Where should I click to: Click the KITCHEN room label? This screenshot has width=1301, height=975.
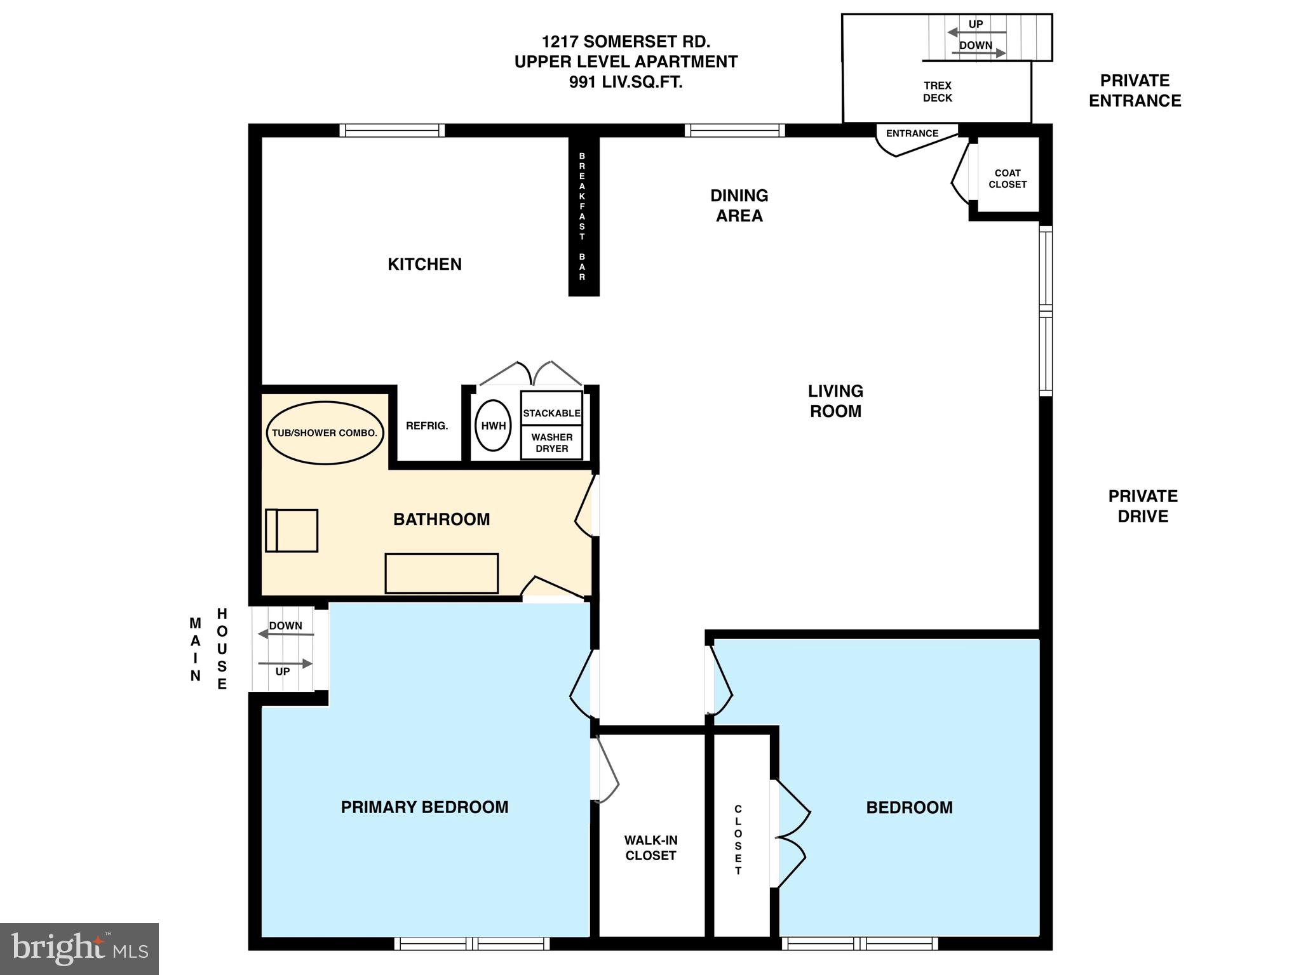pyautogui.click(x=424, y=264)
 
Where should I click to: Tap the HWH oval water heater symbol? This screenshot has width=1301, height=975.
pyautogui.click(x=493, y=426)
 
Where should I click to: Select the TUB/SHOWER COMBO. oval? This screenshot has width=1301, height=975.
pyautogui.click(x=325, y=433)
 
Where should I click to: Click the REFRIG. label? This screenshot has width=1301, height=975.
pyautogui.click(x=427, y=426)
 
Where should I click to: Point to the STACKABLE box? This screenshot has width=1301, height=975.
pyautogui.click(x=551, y=413)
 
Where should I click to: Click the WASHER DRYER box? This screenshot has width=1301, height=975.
pyautogui.click(x=551, y=442)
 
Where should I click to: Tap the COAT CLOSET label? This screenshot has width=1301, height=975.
pyautogui.click(x=1008, y=178)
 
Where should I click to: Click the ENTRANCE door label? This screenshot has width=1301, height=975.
pyautogui.click(x=912, y=133)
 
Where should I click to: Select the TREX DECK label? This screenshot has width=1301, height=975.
pyautogui.click(x=937, y=91)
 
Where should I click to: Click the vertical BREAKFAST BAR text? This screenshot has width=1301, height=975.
pyautogui.click(x=582, y=216)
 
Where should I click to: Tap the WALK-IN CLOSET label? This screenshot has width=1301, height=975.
pyautogui.click(x=650, y=847)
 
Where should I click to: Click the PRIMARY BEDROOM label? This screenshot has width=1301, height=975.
pyautogui.click(x=424, y=807)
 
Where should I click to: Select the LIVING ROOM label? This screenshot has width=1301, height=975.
pyautogui.click(x=835, y=401)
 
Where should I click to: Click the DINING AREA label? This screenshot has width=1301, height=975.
pyautogui.click(x=739, y=205)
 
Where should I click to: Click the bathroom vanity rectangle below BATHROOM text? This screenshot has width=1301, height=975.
pyautogui.click(x=442, y=573)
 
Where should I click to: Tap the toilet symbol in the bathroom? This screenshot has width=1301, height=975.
pyautogui.click(x=292, y=530)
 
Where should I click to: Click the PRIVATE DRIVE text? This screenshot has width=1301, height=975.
pyautogui.click(x=1142, y=506)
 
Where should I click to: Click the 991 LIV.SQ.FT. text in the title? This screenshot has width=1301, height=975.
pyautogui.click(x=626, y=82)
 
